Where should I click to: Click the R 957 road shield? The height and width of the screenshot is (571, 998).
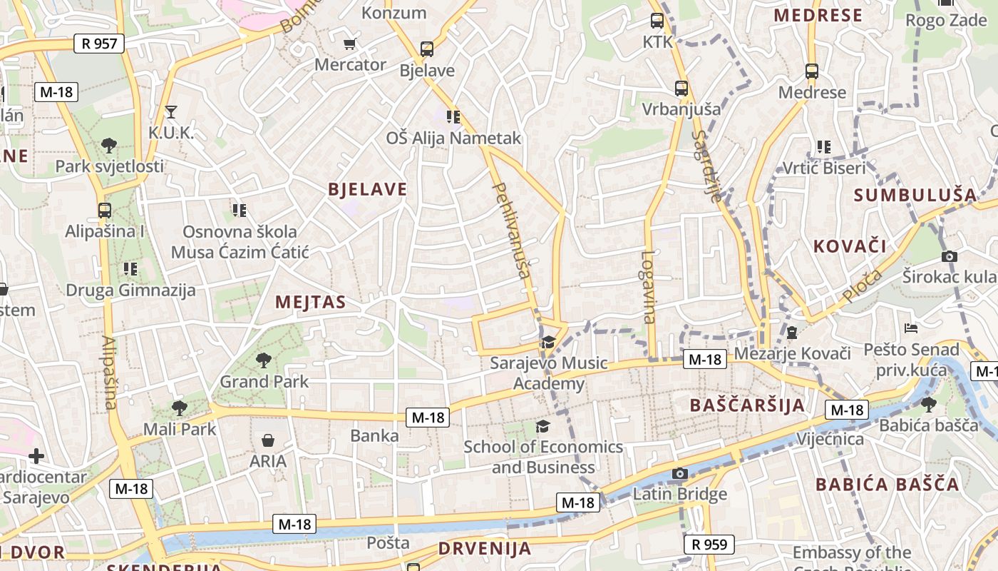click(x=99, y=44)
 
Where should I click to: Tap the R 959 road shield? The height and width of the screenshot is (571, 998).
click(x=710, y=545)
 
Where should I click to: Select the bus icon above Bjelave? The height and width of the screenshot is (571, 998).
click(x=426, y=49)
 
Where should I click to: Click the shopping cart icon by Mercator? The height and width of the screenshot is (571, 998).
click(x=349, y=44)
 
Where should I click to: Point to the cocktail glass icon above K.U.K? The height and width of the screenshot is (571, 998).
click(x=170, y=111)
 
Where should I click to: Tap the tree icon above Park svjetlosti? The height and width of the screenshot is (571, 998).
click(x=109, y=146)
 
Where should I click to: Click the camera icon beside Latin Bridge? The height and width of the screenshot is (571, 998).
click(x=680, y=473)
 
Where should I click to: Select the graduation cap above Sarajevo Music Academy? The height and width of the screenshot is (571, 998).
click(x=548, y=343)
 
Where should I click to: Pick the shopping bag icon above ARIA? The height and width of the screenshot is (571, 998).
click(x=268, y=440)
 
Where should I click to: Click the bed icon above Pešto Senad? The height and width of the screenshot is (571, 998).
click(x=911, y=328)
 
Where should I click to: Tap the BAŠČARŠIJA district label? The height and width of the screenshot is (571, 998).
click(x=747, y=405)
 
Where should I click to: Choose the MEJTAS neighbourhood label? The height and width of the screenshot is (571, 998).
click(x=310, y=302)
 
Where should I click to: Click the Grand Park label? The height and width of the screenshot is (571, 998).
click(x=264, y=381)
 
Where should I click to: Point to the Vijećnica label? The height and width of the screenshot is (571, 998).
click(x=830, y=438)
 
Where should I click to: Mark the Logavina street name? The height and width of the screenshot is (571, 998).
click(x=648, y=287)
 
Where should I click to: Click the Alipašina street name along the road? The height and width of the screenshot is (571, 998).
click(x=108, y=373)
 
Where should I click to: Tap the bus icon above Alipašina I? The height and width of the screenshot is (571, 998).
click(x=105, y=211)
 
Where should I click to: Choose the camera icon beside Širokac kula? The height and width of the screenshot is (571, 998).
click(x=949, y=256)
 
